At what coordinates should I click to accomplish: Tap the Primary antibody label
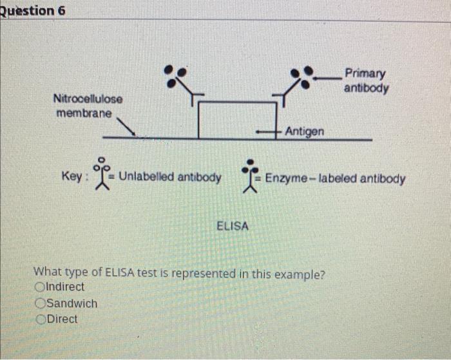[365, 80]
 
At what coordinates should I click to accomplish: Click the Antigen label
[305, 131]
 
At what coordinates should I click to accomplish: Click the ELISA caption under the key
[233, 226]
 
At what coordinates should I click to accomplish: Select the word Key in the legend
[71, 176]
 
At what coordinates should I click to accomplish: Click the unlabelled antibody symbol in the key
[101, 174]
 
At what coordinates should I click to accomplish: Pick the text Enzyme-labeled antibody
[335, 178]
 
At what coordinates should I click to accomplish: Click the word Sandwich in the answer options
[73, 303]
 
